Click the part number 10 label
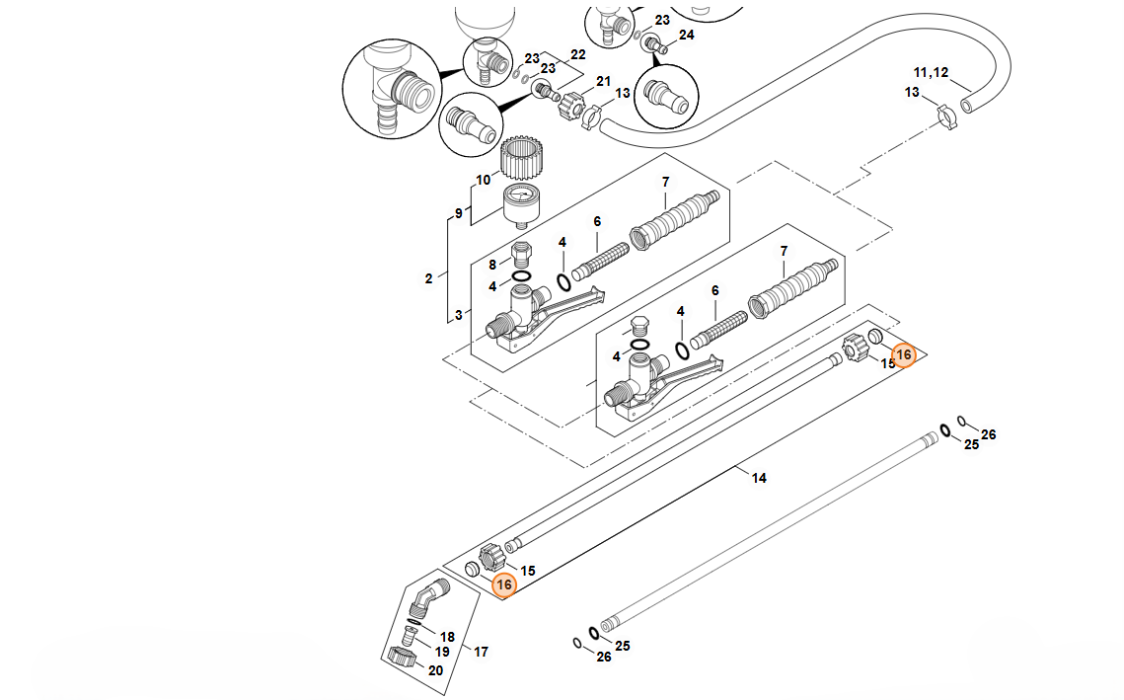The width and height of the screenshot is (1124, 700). click(x=484, y=180)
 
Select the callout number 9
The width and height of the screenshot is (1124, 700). click(x=458, y=213)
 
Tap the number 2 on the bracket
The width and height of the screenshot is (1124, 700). click(x=428, y=278)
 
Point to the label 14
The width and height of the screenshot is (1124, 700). click(x=759, y=479)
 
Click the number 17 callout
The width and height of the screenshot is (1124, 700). click(x=482, y=652)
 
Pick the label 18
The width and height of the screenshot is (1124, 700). click(x=447, y=637)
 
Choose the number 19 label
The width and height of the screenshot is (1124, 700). click(x=442, y=652)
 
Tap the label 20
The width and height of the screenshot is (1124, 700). click(x=435, y=669)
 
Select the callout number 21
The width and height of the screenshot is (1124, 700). click(x=604, y=81)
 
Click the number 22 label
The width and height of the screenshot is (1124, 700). click(x=578, y=54)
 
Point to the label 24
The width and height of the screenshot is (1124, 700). click(x=687, y=35)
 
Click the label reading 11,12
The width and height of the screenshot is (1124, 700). click(x=931, y=73)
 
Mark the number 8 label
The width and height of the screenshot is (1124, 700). click(x=493, y=264)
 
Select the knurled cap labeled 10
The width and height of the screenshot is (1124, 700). click(x=524, y=157)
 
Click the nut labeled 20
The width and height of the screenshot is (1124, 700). click(x=403, y=658)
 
